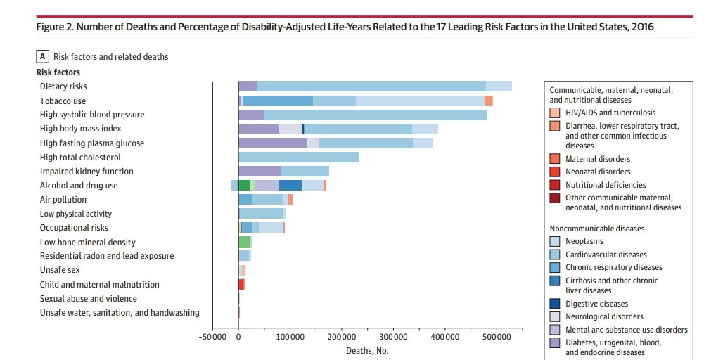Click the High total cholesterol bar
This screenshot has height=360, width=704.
pos(299,157)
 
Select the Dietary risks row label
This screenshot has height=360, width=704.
pos(63,86)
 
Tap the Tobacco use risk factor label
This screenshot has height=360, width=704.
pos(63,101)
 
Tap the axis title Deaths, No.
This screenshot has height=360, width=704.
pos(366,350)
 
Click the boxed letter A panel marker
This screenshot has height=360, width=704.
pos(43,56)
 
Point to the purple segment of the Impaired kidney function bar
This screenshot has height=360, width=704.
pos(260,172)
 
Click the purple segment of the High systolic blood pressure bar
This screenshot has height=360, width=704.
pos(251,115)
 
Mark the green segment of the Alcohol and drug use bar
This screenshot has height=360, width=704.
pos(244,186)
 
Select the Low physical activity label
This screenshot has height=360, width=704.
pos(75,214)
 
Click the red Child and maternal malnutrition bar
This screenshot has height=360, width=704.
pos(241,284)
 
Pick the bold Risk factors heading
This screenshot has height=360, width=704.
pos(58,72)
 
